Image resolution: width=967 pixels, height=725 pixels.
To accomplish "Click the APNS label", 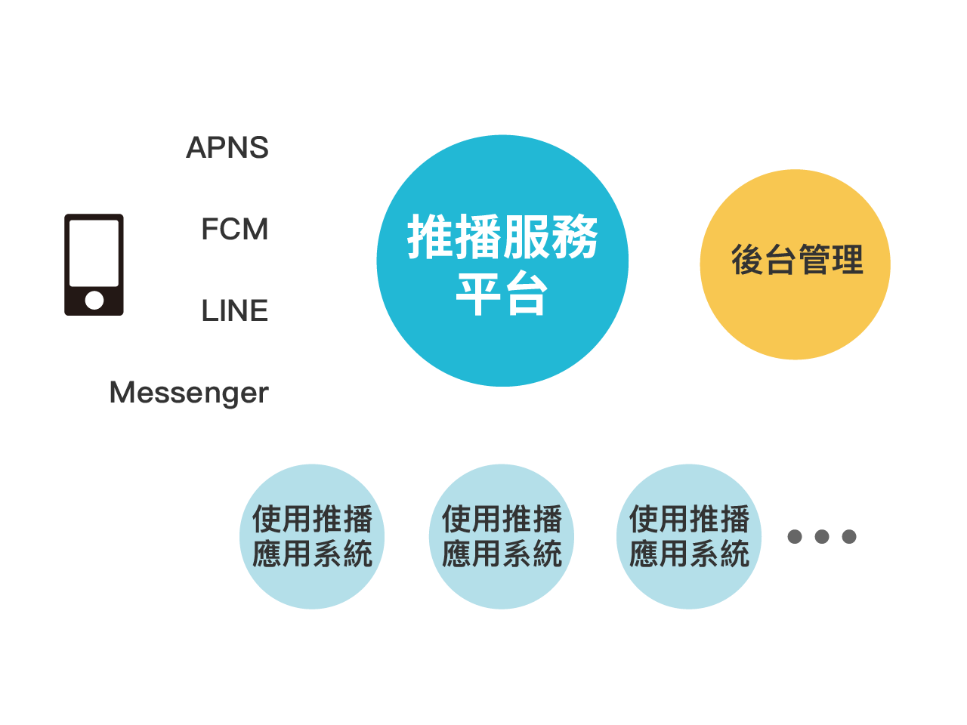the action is tap(227, 147).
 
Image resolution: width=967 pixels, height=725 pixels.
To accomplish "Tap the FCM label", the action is tap(234, 229).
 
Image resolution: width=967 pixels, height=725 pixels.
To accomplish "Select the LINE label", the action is tap(234, 310).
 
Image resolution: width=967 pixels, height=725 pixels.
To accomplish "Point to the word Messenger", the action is tap(189, 393).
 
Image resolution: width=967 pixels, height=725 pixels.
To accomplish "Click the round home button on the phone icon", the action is tap(94, 301).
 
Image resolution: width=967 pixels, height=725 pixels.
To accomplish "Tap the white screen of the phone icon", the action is tap(94, 253).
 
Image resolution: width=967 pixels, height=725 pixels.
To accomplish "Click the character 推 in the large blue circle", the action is tap(430, 237).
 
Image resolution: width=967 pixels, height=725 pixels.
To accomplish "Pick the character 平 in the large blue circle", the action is tap(478, 293).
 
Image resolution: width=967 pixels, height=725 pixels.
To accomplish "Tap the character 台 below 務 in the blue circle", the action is tap(527, 293).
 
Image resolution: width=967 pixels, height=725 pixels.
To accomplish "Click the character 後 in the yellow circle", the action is tap(748, 260).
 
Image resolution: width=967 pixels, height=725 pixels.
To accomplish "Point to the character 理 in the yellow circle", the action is tap(847, 260).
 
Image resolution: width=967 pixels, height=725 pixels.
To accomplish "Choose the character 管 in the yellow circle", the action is tap(814, 260).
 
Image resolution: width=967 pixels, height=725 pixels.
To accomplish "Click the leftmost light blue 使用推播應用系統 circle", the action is tap(312, 537).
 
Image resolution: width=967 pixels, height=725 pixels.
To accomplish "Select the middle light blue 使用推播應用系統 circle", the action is tap(502, 537).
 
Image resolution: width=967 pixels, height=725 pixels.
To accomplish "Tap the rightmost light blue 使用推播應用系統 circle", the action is tap(689, 537).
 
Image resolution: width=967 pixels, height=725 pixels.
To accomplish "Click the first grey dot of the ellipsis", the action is tap(795, 537).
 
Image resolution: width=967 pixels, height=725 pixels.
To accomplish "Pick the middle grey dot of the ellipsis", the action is tap(822, 537).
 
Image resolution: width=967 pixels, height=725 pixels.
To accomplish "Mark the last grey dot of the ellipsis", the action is tap(849, 537).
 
